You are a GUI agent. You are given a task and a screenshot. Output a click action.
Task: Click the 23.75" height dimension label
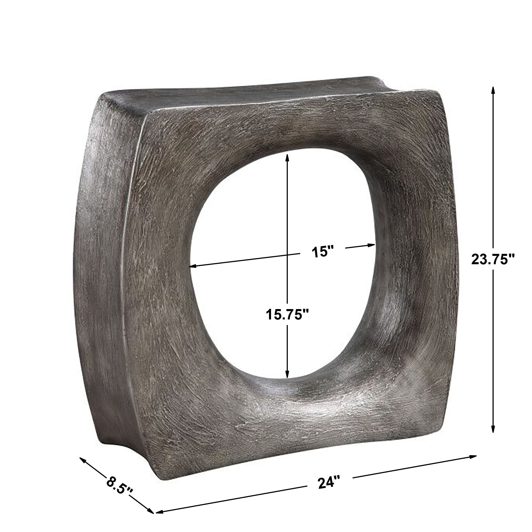click(x=493, y=259)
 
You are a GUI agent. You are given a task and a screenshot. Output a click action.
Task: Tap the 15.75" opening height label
click(x=288, y=314)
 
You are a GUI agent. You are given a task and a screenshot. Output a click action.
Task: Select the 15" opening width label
click(x=322, y=252)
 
